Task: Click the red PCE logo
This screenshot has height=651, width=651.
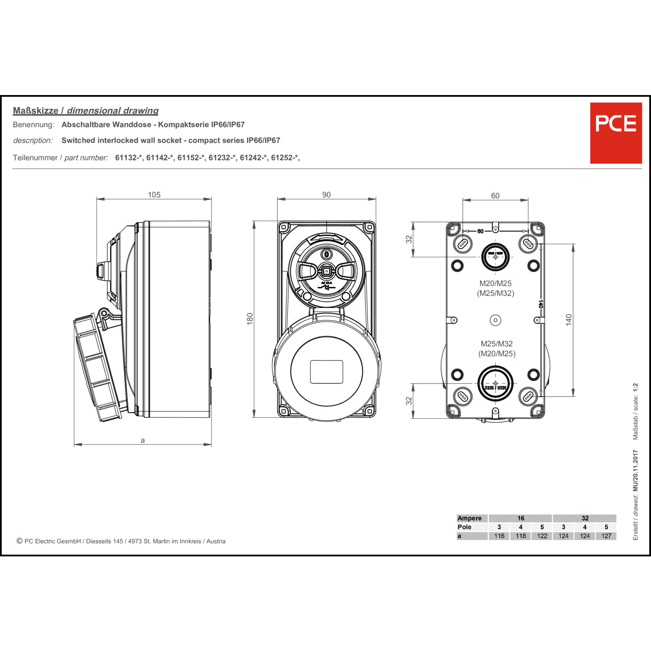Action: (x=615, y=133)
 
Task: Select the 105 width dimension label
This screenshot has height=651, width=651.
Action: (x=154, y=195)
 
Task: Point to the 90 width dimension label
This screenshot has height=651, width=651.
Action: (x=326, y=195)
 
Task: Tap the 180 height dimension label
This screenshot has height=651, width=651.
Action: (x=250, y=319)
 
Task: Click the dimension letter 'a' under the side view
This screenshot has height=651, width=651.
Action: (x=143, y=441)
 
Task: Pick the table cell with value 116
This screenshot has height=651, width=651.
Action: (x=499, y=536)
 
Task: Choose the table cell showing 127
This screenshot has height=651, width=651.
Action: (x=606, y=536)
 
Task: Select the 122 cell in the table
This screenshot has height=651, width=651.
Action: (x=542, y=536)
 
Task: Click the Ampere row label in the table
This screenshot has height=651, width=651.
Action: (x=470, y=518)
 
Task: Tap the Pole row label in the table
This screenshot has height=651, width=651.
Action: (x=464, y=527)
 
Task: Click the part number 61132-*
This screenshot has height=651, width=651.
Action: (x=128, y=158)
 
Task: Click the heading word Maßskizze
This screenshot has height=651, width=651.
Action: (x=36, y=111)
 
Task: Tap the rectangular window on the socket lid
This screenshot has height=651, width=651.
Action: (x=326, y=372)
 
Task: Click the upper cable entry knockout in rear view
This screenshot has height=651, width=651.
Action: (x=495, y=257)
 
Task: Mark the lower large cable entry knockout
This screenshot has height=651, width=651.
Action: (x=495, y=384)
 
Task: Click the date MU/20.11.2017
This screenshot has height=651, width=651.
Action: (x=635, y=470)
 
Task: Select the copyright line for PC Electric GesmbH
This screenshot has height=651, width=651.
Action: (x=121, y=541)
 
